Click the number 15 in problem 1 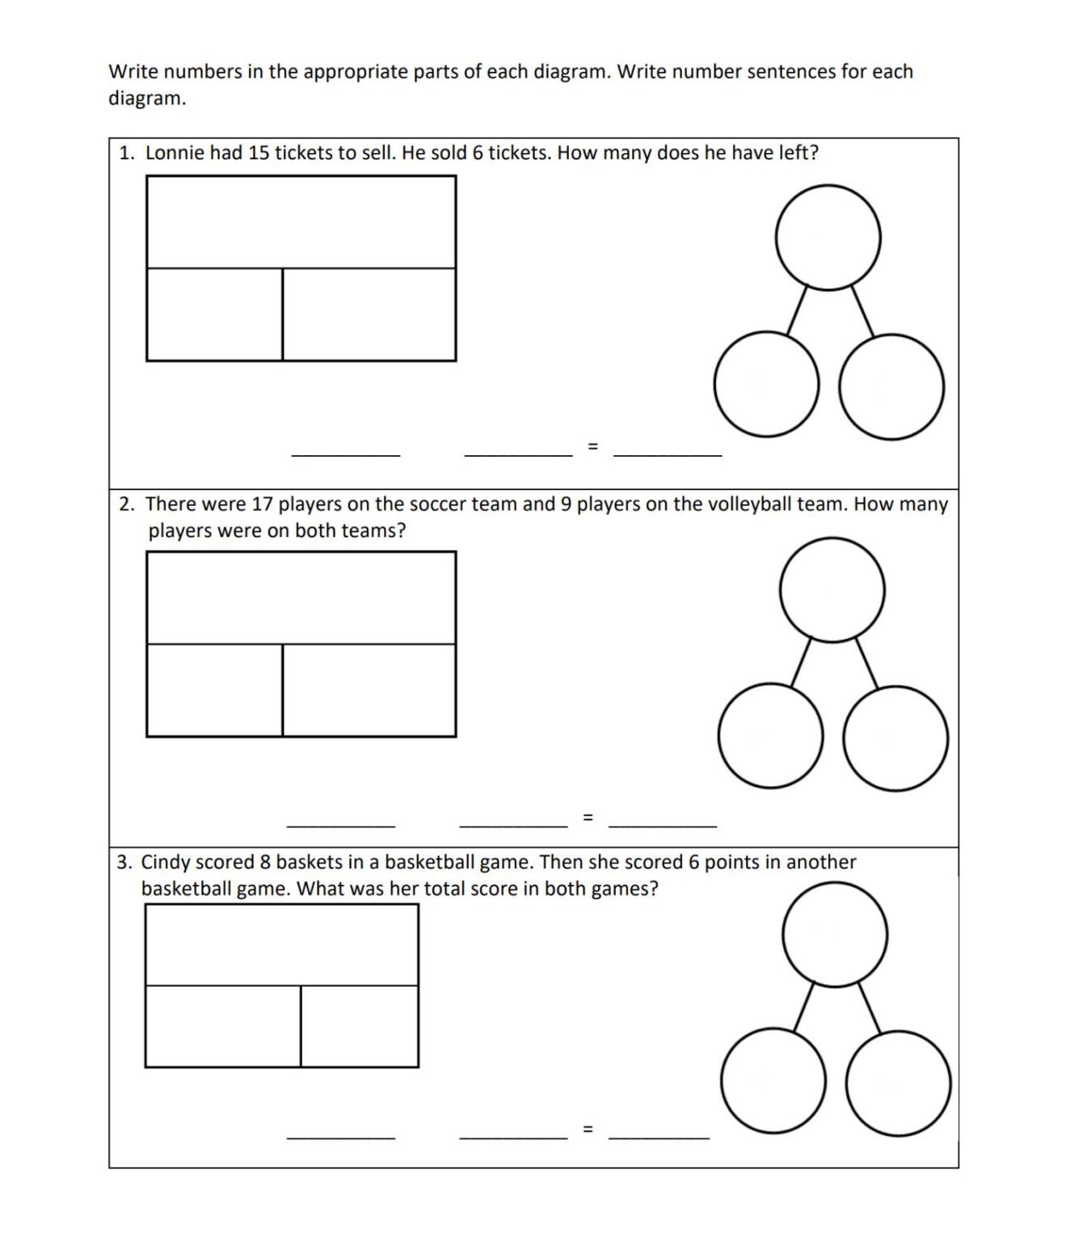tap(259, 153)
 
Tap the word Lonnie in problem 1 tap(174, 153)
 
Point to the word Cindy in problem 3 tap(166, 862)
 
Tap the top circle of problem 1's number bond tap(828, 236)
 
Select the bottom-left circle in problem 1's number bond tap(766, 384)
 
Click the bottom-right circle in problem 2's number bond tap(895, 738)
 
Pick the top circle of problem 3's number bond tap(835, 934)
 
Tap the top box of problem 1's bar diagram tap(301, 222)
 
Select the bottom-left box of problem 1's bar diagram tap(214, 315)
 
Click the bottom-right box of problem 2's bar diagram tap(369, 690)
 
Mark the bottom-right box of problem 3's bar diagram tap(360, 1025)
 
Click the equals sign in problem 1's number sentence tap(592, 446)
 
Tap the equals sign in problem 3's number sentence tap(588, 1128)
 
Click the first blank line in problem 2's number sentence tap(341, 824)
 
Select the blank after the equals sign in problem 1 tap(668, 453)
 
